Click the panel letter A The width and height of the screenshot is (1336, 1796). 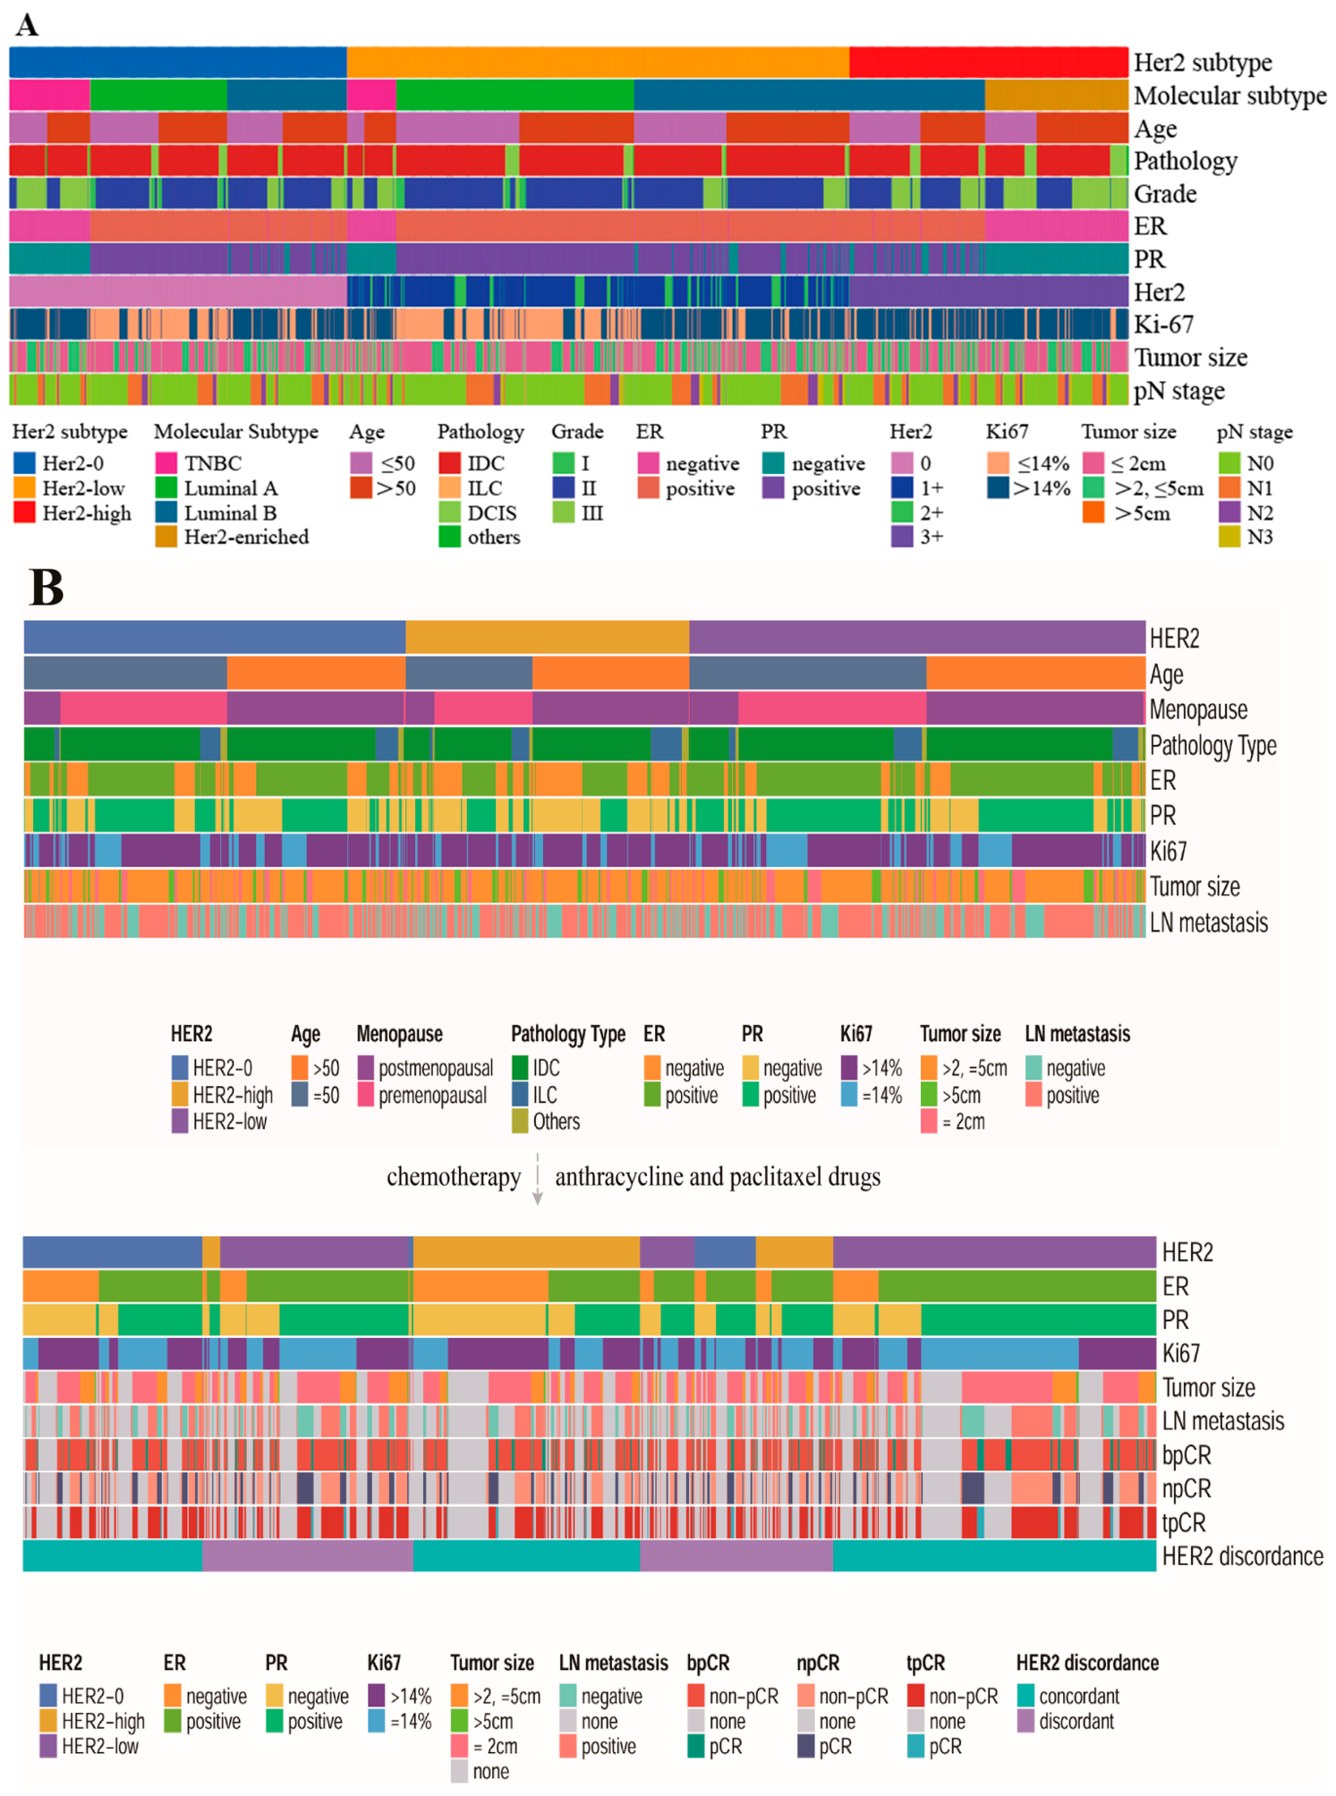click(x=27, y=24)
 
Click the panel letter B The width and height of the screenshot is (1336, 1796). click(x=47, y=588)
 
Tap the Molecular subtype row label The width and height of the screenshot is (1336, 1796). click(x=1230, y=96)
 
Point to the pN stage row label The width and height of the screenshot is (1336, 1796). click(x=1179, y=391)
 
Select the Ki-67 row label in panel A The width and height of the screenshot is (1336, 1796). click(x=1163, y=324)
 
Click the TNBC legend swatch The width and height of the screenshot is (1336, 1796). click(x=166, y=462)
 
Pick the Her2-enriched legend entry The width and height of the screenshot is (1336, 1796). click(x=232, y=537)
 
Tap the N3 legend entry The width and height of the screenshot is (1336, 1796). click(x=1246, y=537)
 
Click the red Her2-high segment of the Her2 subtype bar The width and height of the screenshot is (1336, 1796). click(x=988, y=63)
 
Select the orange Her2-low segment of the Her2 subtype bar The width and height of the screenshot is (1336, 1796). click(x=598, y=63)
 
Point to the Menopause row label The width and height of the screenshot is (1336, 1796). click(x=1197, y=709)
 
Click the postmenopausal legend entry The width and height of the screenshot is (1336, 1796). click(x=425, y=1068)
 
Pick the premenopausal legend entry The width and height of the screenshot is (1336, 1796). click(x=422, y=1095)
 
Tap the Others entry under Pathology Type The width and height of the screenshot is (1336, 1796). click(x=546, y=1121)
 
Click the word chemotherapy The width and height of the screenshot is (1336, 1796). click(x=454, y=1176)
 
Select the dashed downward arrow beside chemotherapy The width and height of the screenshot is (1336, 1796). click(x=537, y=1179)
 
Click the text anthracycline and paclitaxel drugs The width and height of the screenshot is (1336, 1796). click(x=718, y=1176)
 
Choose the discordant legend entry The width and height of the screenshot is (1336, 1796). click(x=1066, y=1721)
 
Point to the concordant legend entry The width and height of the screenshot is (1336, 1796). click(x=1068, y=1696)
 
